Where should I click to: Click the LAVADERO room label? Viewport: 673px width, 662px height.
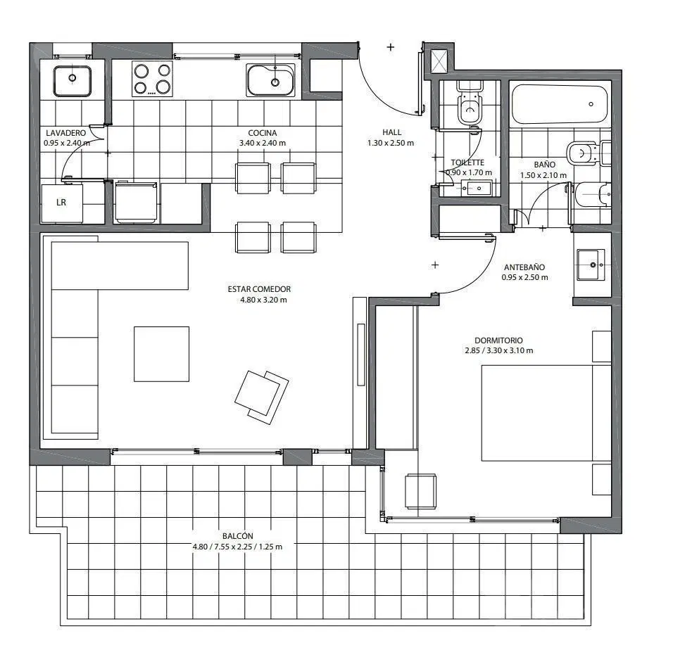click(x=65, y=133)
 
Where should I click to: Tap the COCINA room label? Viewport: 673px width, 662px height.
click(x=263, y=133)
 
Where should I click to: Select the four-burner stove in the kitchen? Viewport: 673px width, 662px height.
click(x=152, y=79)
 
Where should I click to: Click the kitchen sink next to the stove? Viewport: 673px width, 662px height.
click(x=271, y=79)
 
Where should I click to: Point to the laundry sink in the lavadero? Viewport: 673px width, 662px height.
click(x=72, y=81)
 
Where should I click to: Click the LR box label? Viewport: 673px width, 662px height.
click(x=61, y=203)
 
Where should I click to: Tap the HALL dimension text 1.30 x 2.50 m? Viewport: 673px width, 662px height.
click(x=391, y=143)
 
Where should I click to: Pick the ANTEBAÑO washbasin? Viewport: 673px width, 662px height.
click(x=591, y=265)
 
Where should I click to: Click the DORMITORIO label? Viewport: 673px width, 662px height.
click(x=498, y=340)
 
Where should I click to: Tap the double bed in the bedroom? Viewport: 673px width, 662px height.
click(x=546, y=413)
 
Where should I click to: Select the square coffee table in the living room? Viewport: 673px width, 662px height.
click(x=161, y=354)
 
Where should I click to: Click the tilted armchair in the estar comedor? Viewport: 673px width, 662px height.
click(x=261, y=397)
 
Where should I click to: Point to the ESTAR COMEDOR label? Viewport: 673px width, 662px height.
click(x=259, y=289)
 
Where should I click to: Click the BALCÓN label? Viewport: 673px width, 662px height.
click(x=238, y=536)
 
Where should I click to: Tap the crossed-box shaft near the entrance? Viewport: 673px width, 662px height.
click(x=439, y=61)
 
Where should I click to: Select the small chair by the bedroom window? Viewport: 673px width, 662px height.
click(x=421, y=491)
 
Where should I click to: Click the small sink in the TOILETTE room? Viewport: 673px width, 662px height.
click(x=476, y=188)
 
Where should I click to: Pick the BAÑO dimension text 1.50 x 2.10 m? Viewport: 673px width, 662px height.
click(x=543, y=175)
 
